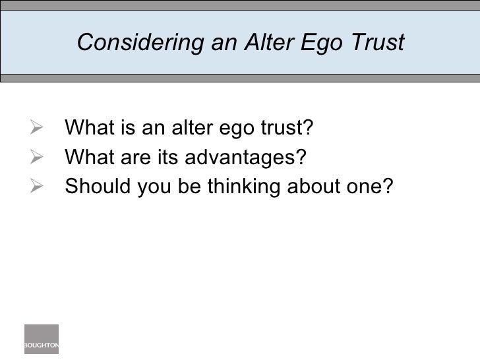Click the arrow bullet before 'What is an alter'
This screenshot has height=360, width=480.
(x=38, y=125)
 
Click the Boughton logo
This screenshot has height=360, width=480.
(x=42, y=340)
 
